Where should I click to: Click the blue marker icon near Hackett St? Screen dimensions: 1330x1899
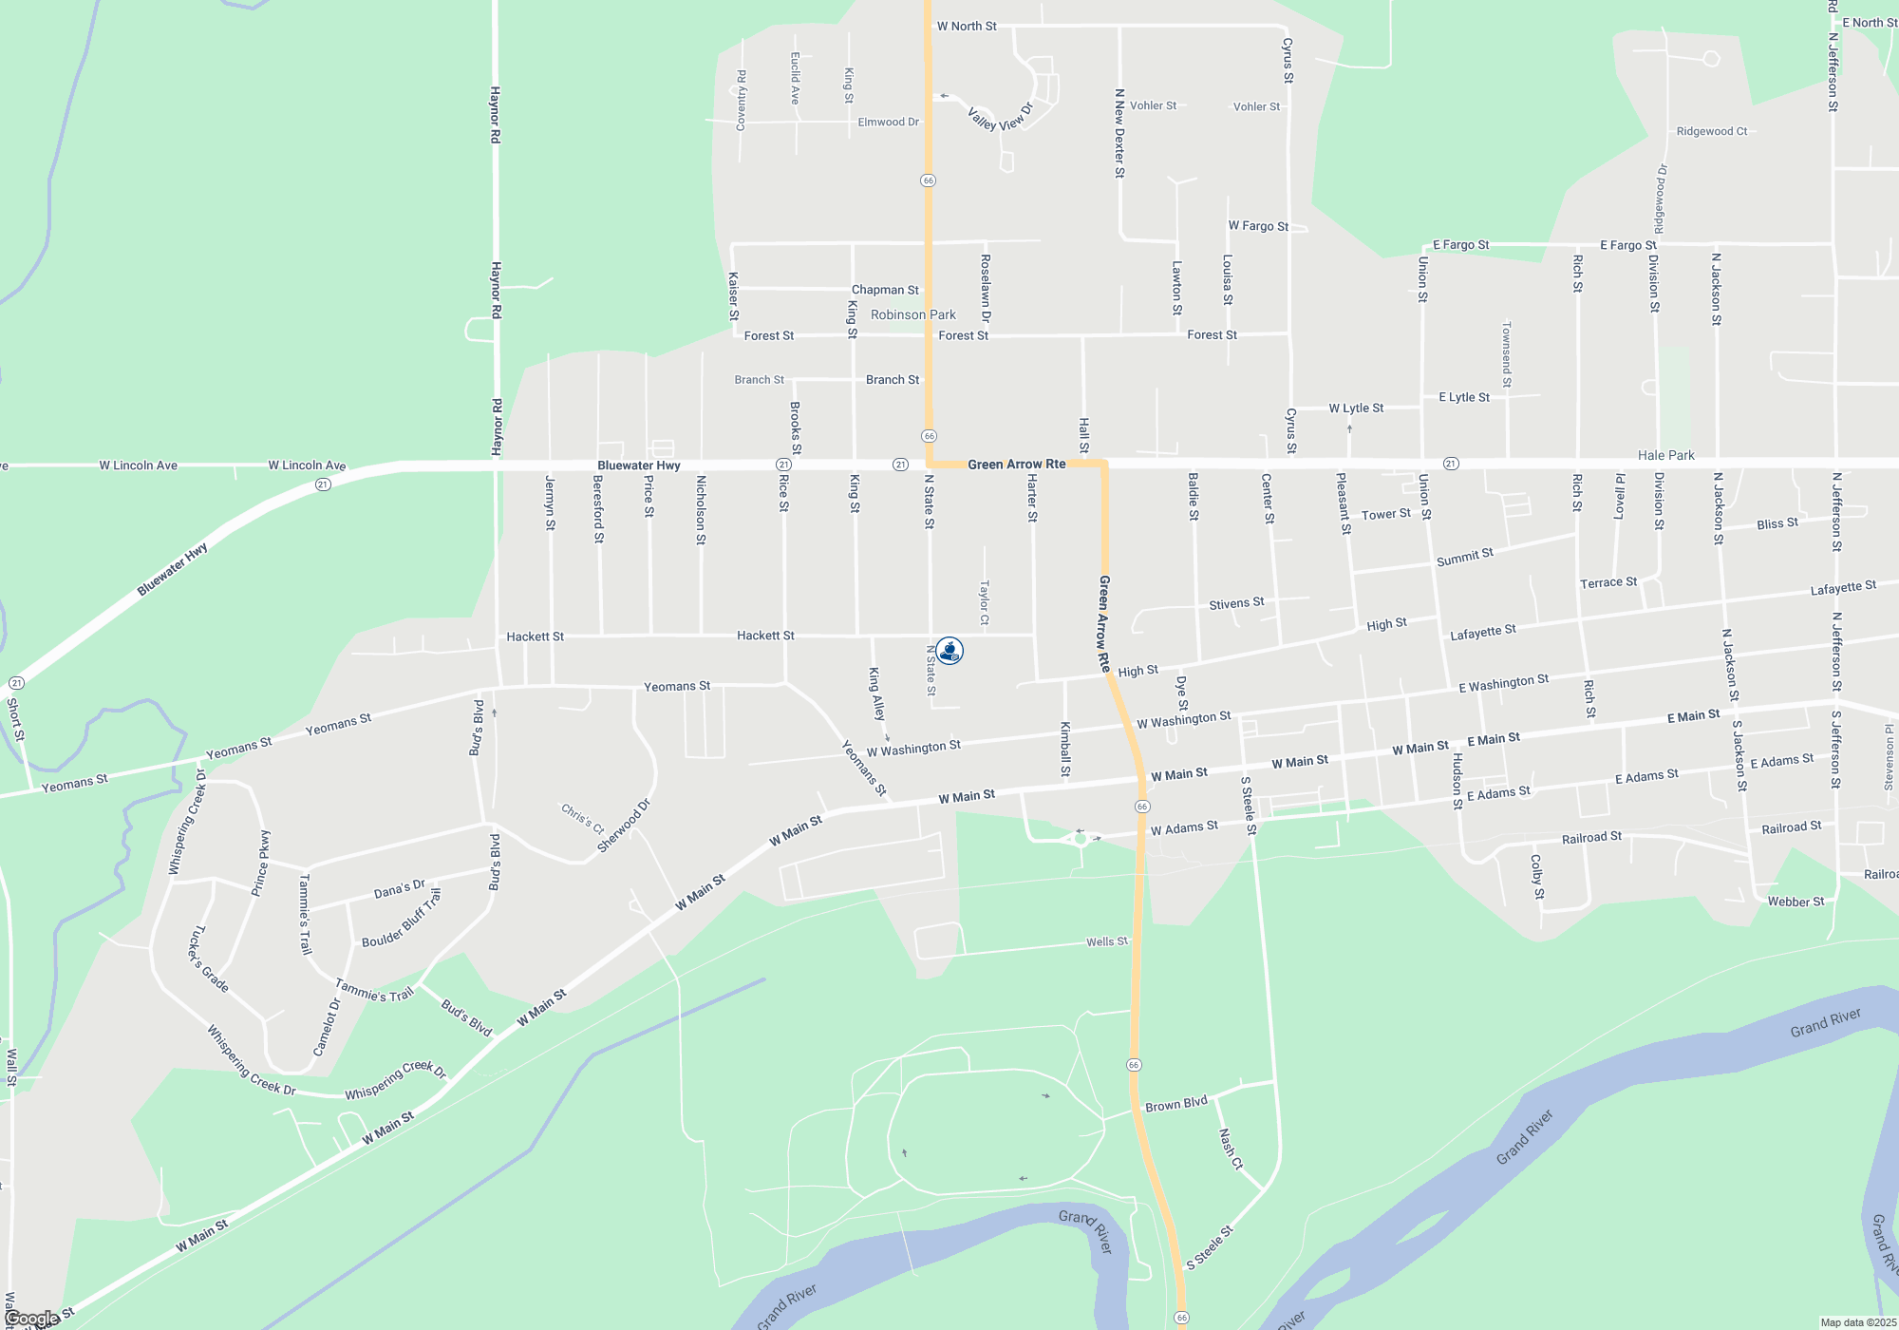pyautogui.click(x=949, y=651)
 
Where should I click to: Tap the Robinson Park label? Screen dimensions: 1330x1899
pyautogui.click(x=912, y=314)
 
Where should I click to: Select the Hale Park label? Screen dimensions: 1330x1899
pyautogui.click(x=1665, y=455)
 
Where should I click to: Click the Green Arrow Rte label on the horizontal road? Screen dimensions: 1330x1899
pyautogui.click(x=1016, y=465)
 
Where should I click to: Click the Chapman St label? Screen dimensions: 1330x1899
pyautogui.click(x=885, y=290)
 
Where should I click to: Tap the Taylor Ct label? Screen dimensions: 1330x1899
pyautogui.click(x=984, y=603)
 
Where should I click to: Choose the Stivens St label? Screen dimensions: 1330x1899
pyautogui.click(x=1236, y=603)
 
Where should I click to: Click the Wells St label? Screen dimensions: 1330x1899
pyautogui.click(x=1107, y=941)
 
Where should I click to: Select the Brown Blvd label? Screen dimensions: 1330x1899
pyautogui.click(x=1176, y=1104)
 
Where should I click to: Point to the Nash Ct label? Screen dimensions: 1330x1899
pyautogui.click(x=1231, y=1149)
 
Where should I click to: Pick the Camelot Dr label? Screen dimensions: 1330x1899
pyautogui.click(x=327, y=1027)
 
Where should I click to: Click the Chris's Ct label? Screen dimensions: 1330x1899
pyautogui.click(x=582, y=818)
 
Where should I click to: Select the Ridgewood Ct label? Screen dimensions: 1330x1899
pyautogui.click(x=1711, y=131)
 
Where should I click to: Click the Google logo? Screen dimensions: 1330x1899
pyautogui.click(x=32, y=1319)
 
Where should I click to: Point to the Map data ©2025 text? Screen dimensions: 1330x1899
pyautogui.click(x=1858, y=1322)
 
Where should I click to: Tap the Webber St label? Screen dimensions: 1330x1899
pyautogui.click(x=1796, y=902)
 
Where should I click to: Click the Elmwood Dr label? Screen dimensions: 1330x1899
pyautogui.click(x=888, y=122)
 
